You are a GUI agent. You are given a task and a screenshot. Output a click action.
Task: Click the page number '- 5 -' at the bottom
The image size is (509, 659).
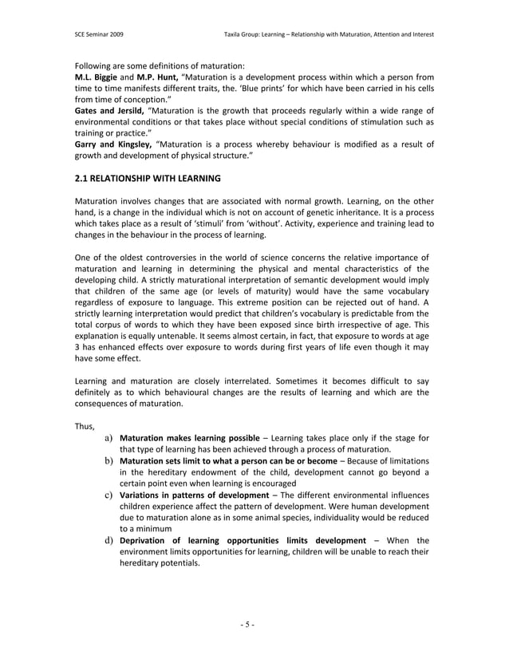point(254,623)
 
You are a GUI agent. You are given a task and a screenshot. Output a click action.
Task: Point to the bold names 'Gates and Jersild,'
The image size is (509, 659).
point(109,109)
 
